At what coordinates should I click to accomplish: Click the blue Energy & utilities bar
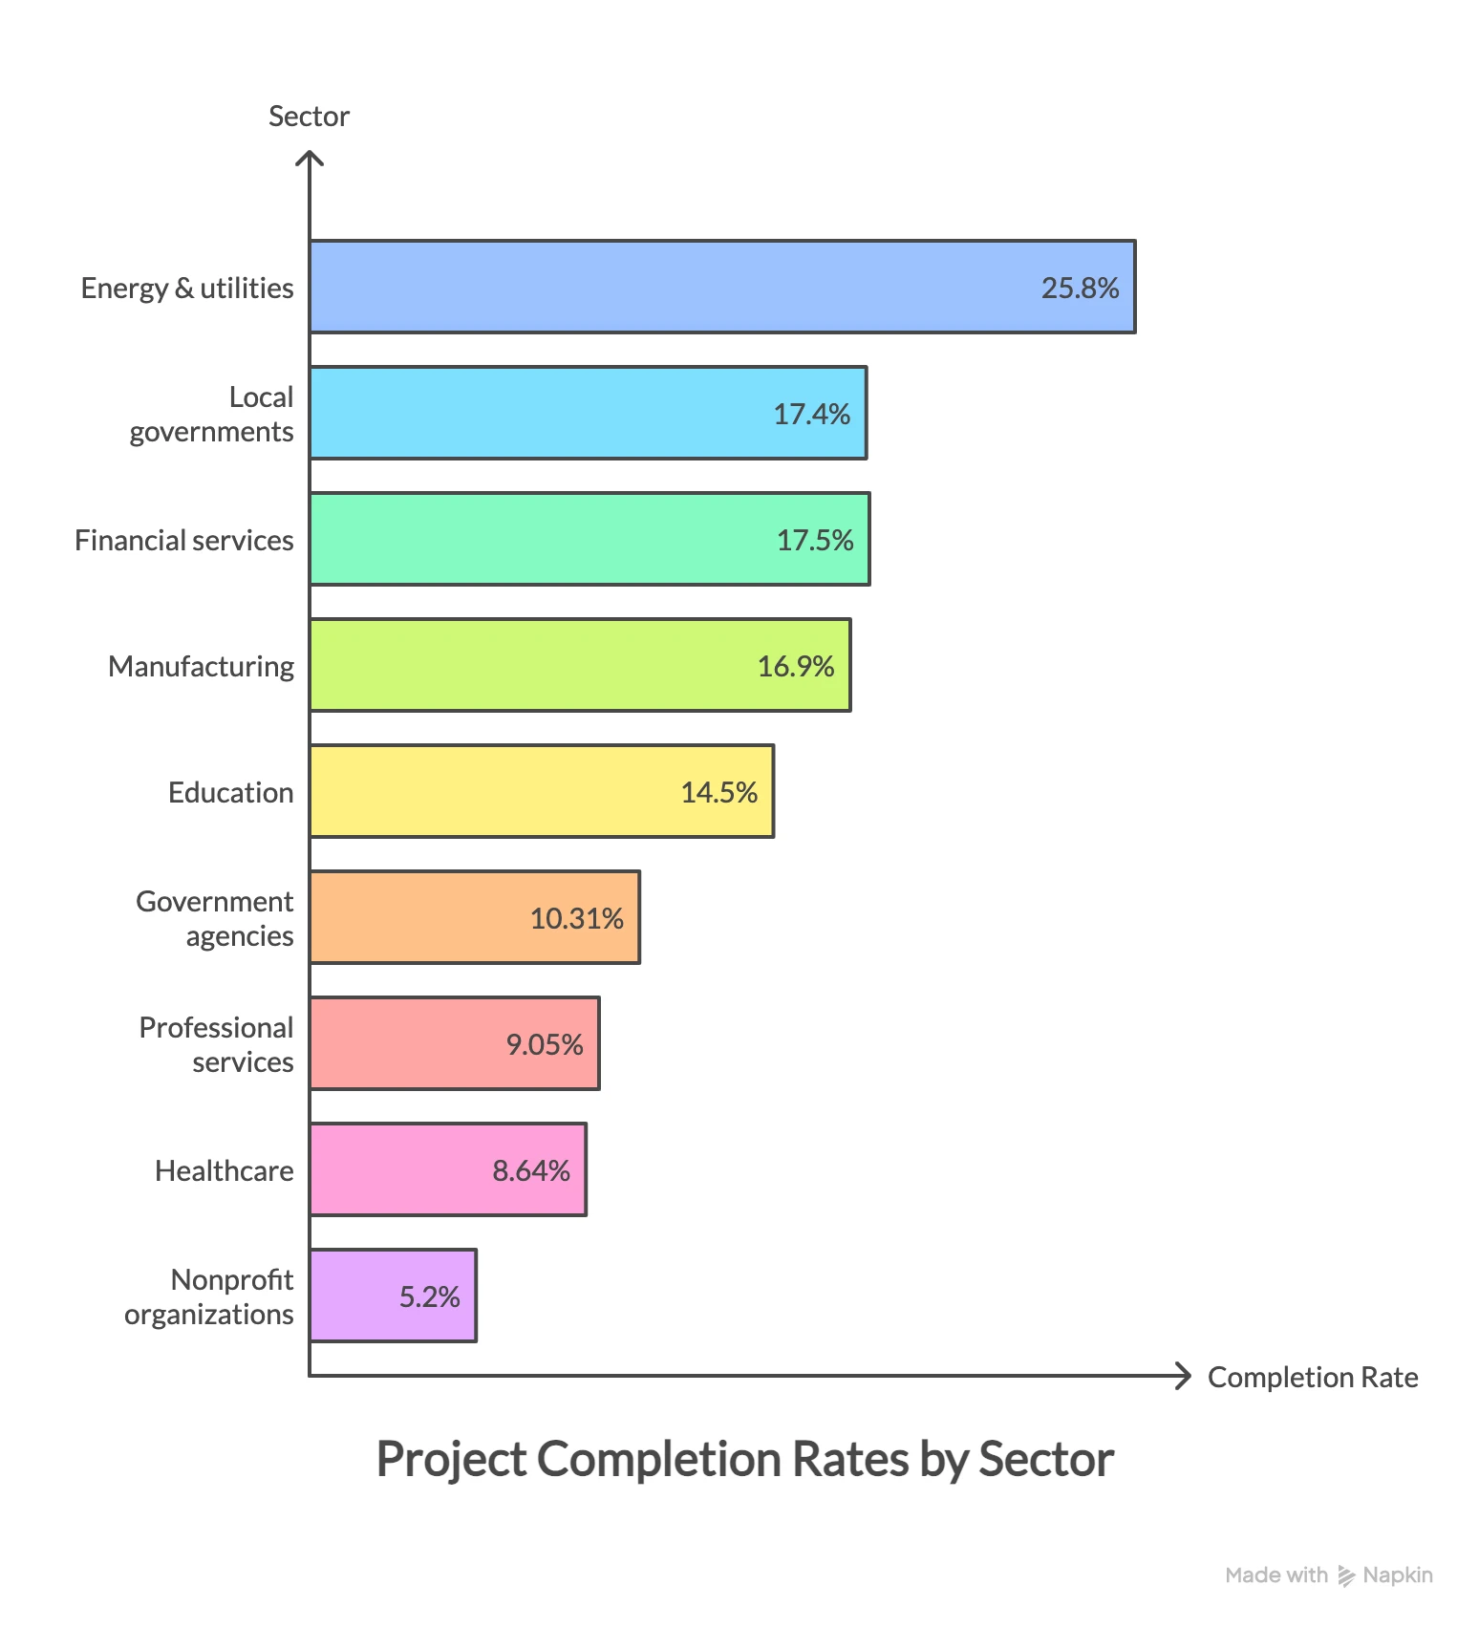(669, 287)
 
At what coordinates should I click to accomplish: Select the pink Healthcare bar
(401, 1169)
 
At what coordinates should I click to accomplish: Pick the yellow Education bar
(497, 791)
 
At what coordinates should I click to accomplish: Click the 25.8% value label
(1080, 288)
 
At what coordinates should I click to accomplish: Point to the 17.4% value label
(811, 414)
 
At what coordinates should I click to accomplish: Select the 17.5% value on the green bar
(814, 540)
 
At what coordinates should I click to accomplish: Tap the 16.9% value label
(795, 666)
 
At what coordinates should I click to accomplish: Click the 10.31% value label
(576, 918)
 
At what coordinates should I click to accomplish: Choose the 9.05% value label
(544, 1044)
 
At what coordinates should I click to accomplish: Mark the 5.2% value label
(429, 1296)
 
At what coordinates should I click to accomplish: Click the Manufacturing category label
(201, 666)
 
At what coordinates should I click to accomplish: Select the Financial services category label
(183, 540)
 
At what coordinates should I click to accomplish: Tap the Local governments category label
(212, 414)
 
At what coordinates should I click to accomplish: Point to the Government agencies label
(215, 918)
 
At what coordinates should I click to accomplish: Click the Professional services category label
(217, 1044)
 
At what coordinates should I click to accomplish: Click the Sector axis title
(309, 116)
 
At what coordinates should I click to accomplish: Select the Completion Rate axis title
(1312, 1377)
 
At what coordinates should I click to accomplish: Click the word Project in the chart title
(451, 1459)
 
